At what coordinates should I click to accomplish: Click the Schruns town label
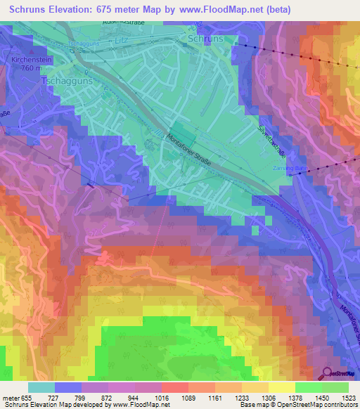[206, 39]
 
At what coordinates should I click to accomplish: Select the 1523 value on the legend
[349, 398]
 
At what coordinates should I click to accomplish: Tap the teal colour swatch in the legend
[41, 387]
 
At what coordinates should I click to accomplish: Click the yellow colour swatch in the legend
[282, 387]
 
